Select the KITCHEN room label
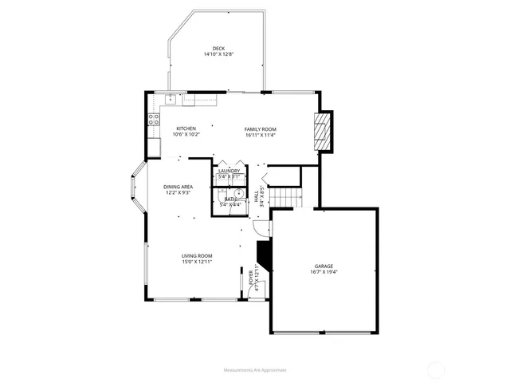[186, 128]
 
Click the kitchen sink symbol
[170, 99]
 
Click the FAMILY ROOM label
[260, 128]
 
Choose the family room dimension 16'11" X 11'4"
[260, 135]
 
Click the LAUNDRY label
[229, 170]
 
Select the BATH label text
[229, 199]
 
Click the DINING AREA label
[178, 186]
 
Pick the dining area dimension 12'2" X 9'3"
[178, 192]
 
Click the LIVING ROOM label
[196, 255]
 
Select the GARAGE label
[323, 266]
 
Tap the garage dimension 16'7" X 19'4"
[323, 272]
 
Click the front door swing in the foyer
[260, 229]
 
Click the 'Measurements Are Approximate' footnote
[255, 369]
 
